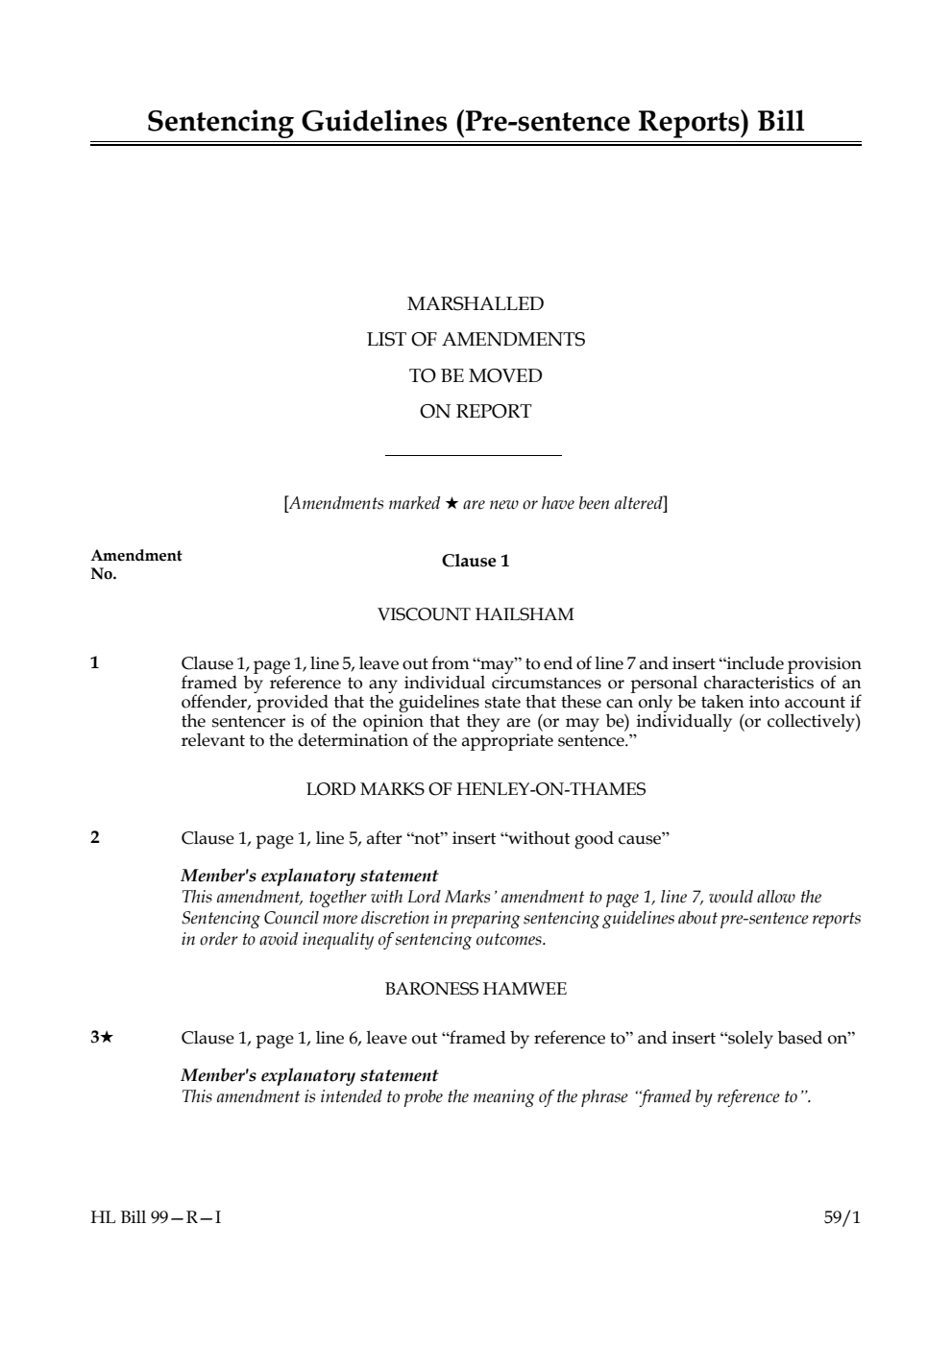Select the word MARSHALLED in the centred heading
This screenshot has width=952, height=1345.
click(476, 304)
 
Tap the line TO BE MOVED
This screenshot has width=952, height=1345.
click(476, 375)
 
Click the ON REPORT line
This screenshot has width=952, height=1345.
click(476, 412)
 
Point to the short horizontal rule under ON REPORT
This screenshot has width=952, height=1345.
click(474, 455)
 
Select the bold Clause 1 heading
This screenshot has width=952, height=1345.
click(476, 561)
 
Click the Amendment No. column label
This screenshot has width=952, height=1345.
click(135, 564)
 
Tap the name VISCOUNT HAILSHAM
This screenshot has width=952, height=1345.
click(476, 614)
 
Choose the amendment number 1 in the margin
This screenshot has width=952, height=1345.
click(95, 662)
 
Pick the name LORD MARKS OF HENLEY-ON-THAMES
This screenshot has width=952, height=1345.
click(476, 789)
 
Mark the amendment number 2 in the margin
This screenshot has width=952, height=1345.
click(95, 837)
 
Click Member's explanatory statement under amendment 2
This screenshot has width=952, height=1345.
click(309, 876)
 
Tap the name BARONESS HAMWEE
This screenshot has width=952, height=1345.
click(476, 989)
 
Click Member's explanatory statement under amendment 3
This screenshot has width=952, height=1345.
click(309, 1075)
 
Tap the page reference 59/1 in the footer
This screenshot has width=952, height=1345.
click(842, 1218)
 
